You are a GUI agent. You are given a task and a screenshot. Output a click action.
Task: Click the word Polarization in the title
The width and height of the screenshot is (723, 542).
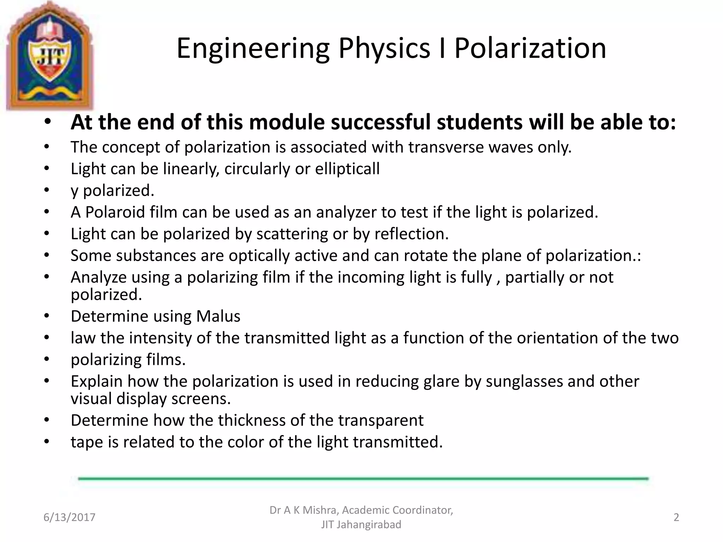pos(530,48)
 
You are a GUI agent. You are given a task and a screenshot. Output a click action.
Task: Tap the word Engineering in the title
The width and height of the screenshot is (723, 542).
pos(253,48)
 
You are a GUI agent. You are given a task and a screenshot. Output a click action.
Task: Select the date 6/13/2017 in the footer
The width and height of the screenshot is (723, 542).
pos(69,517)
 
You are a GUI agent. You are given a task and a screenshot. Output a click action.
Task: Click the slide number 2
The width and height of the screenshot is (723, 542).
pos(676,517)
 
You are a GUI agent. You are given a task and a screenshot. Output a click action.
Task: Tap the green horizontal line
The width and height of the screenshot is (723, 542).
pos(363,478)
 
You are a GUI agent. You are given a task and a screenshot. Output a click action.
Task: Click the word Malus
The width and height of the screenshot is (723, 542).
pos(218,316)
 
